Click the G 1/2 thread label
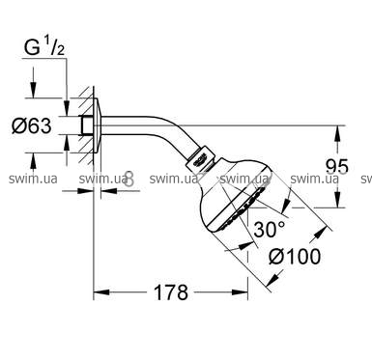(44, 47)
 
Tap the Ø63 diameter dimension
(31, 125)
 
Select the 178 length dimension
(171, 292)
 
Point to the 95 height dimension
(337, 166)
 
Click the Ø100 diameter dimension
(295, 257)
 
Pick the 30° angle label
(270, 229)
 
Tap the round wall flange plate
(98, 125)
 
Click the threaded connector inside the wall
(86, 125)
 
